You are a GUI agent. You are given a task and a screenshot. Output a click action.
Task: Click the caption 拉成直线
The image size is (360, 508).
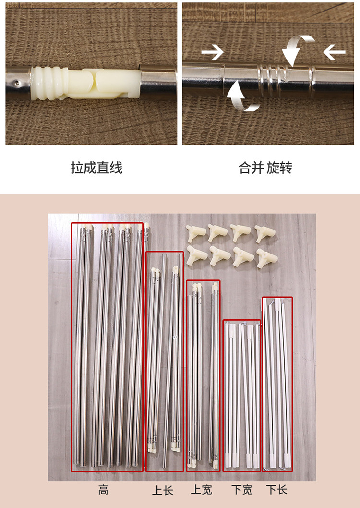(96, 168)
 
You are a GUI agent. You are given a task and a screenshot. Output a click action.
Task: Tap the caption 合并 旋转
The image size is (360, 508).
(265, 168)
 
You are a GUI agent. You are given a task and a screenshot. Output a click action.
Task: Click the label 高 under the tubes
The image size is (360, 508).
(104, 490)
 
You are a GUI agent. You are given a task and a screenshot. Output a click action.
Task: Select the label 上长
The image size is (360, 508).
(163, 490)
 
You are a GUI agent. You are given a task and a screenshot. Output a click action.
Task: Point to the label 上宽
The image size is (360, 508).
(202, 490)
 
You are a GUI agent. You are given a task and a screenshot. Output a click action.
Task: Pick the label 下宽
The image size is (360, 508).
(242, 490)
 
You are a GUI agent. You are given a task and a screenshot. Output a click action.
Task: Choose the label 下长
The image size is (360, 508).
(277, 490)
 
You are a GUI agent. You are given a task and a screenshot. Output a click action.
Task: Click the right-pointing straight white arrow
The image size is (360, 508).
(212, 52)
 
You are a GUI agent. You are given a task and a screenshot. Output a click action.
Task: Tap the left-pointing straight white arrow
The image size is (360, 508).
(334, 52)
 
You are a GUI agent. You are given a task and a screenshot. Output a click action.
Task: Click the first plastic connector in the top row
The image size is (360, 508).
(195, 233)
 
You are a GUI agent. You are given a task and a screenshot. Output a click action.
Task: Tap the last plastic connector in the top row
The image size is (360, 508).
(265, 233)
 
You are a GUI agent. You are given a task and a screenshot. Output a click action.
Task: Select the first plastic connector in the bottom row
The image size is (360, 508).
(197, 255)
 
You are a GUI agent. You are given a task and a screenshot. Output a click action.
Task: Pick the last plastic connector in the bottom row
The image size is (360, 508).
(267, 258)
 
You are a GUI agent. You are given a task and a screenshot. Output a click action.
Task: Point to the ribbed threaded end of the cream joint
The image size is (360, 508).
(48, 83)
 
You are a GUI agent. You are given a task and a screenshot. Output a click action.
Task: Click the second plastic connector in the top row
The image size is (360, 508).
(218, 232)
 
